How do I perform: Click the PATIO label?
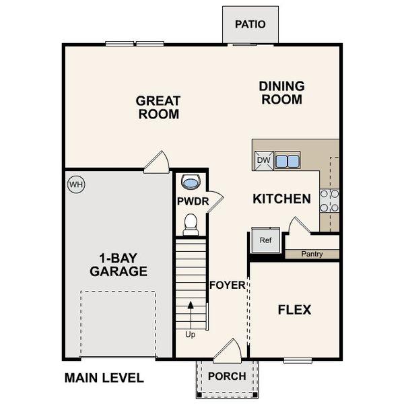tap(250, 24)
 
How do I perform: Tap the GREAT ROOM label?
tap(158, 108)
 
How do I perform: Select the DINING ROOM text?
tap(281, 93)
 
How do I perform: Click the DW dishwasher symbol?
tap(263, 160)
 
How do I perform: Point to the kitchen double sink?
tap(287, 161)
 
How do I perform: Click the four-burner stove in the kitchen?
tap(329, 200)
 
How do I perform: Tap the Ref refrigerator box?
tap(265, 240)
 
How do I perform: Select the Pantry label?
tap(312, 254)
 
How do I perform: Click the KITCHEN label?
tap(281, 199)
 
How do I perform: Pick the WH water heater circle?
tap(75, 183)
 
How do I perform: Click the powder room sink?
tap(191, 182)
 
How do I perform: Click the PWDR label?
tap(191, 201)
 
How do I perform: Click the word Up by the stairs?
tap(190, 334)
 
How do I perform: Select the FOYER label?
tap(227, 285)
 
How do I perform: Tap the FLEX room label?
tap(294, 310)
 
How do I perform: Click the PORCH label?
tap(227, 376)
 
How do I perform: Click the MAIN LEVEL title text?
tap(104, 378)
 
